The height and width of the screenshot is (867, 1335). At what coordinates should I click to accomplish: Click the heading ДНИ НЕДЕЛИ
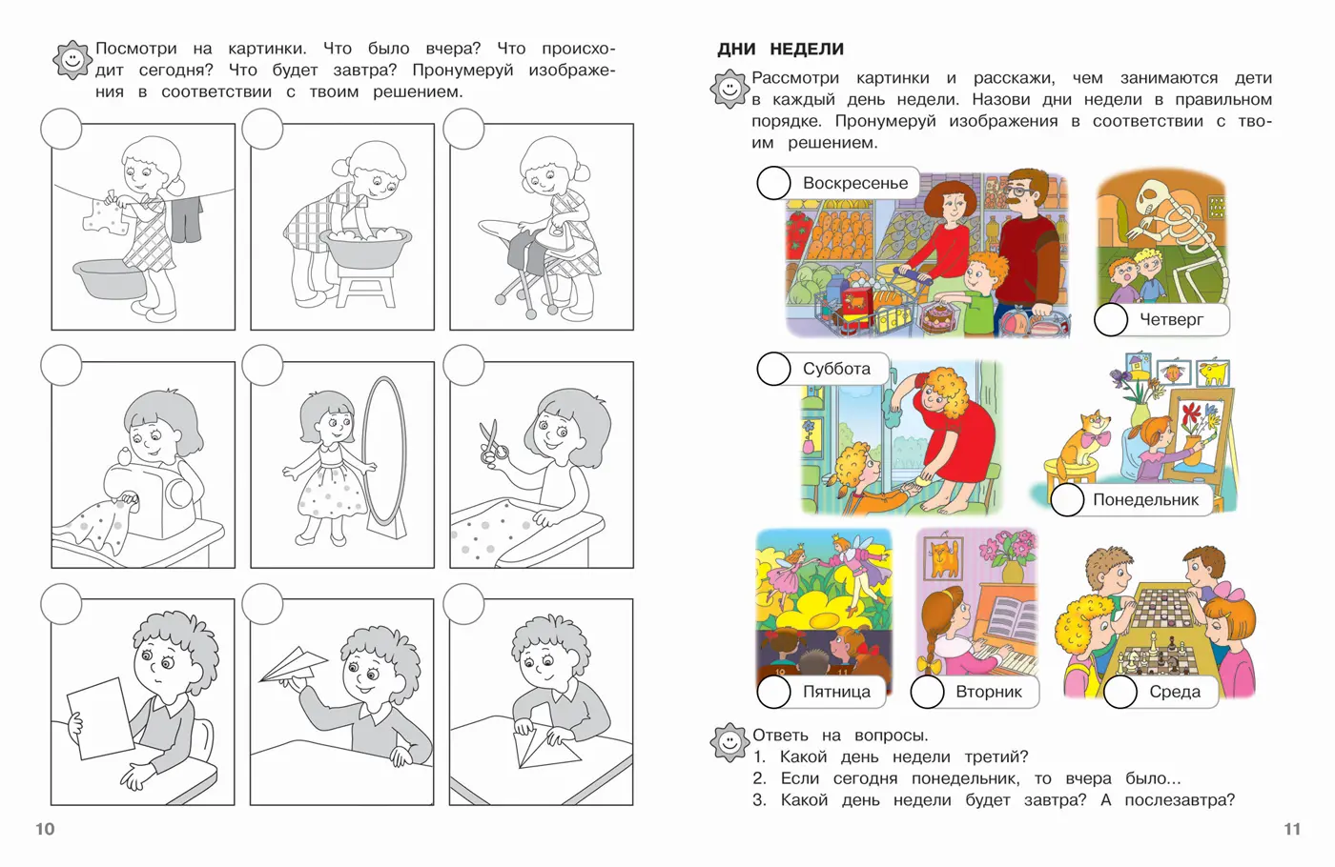[x=780, y=49]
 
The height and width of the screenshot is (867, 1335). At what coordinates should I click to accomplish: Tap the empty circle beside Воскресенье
[x=773, y=183]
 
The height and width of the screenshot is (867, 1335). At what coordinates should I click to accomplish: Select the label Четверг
[x=1171, y=320]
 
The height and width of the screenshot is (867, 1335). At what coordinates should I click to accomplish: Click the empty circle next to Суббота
[x=773, y=369]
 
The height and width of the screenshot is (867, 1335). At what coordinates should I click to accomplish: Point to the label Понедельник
[x=1145, y=499]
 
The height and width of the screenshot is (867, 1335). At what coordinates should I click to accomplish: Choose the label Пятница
[x=836, y=692]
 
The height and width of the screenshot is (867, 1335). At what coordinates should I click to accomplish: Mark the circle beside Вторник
[x=927, y=692]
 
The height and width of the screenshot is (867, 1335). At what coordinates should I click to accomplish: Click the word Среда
[x=1175, y=692]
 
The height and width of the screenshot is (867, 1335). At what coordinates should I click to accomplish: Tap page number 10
[x=46, y=829]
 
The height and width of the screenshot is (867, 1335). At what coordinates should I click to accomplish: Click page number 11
[x=1291, y=829]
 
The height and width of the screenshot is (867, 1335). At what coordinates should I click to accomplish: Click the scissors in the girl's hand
[x=494, y=442]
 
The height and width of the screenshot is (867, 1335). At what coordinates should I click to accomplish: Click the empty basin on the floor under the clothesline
[x=110, y=278]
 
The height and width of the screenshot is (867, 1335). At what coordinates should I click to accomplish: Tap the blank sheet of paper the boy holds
[x=99, y=717]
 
